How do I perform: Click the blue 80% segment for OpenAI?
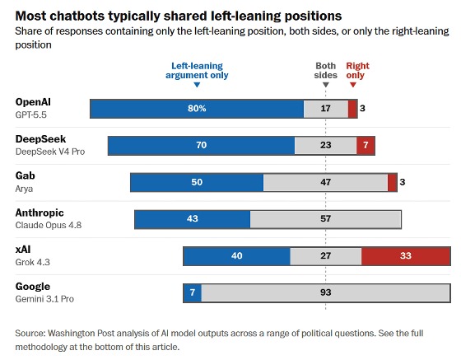pyautogui.click(x=197, y=109)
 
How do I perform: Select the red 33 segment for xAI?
pyautogui.click(x=406, y=256)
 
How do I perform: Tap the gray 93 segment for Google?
pyautogui.click(x=326, y=293)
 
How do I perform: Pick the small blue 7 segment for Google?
pyautogui.click(x=193, y=293)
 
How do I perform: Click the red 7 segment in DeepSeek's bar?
pyautogui.click(x=366, y=146)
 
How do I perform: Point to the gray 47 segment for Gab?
pyautogui.click(x=325, y=182)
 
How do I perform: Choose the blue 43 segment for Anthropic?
pyautogui.click(x=193, y=219)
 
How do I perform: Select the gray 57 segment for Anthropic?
pyautogui.click(x=326, y=219)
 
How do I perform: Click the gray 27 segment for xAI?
pyautogui.click(x=326, y=256)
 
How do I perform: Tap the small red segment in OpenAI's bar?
pyautogui.click(x=353, y=109)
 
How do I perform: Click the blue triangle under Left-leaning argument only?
pyautogui.click(x=197, y=85)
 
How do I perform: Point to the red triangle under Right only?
pyautogui.click(x=353, y=85)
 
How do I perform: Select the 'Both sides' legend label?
pyautogui.click(x=325, y=71)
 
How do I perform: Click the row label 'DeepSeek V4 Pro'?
pyautogui.click(x=50, y=152)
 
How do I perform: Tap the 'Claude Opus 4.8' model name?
pyautogui.click(x=49, y=225)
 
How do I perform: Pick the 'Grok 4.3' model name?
pyautogui.click(x=32, y=262)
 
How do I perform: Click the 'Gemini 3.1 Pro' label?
pyautogui.click(x=44, y=299)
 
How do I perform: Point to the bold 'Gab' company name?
pyautogui.click(x=25, y=175)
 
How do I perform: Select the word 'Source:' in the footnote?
pyautogui.click(x=30, y=334)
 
